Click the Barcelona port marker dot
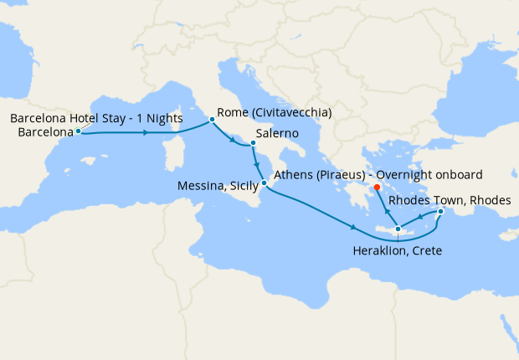coord(78,131)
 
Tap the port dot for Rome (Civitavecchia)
coord(212,120)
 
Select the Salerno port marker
coord(252,143)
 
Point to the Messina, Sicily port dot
coord(265,183)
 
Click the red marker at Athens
coord(377,187)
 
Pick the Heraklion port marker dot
coord(398,229)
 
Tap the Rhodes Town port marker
coord(440,212)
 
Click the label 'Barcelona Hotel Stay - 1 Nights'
coord(96,118)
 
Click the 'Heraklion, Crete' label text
coord(397,250)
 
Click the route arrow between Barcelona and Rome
coord(148,132)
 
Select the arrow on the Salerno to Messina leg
coord(256,162)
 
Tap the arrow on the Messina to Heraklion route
coord(355,228)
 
